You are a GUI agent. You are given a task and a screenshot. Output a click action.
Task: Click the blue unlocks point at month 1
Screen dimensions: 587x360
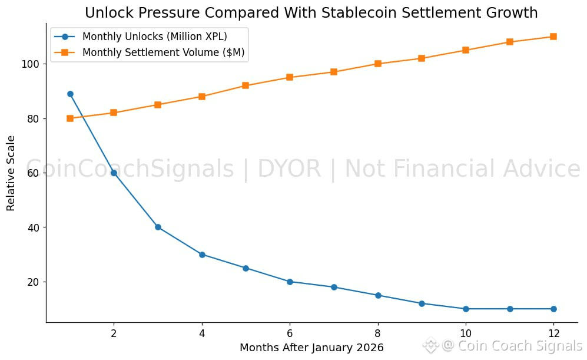(70, 94)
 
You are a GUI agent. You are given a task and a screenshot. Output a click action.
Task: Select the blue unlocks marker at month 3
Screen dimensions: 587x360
(158, 227)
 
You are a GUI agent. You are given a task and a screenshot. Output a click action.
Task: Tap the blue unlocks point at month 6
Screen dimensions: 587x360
(290, 282)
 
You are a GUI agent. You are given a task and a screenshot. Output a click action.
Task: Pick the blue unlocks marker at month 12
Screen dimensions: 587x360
(553, 309)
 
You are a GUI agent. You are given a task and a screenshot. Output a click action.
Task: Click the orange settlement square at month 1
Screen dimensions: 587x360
(70, 118)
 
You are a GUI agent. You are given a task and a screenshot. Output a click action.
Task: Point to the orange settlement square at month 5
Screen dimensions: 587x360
(246, 85)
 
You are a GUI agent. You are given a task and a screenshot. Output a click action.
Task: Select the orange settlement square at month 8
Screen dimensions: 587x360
(378, 64)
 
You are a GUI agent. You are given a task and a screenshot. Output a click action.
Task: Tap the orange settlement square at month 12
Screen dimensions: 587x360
(553, 37)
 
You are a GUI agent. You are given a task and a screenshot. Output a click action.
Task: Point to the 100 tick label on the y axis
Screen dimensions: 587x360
(31, 64)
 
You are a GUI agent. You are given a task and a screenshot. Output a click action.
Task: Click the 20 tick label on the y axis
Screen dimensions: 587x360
(34, 282)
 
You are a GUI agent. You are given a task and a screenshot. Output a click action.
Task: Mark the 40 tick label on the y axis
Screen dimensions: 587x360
(34, 227)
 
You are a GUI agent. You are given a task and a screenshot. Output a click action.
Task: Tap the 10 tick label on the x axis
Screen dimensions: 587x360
(466, 333)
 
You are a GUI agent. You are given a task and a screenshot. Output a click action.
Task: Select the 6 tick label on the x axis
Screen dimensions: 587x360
(290, 333)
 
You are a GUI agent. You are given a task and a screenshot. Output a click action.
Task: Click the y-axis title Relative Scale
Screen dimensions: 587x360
(11, 173)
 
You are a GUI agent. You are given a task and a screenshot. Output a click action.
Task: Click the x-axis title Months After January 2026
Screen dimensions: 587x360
(311, 347)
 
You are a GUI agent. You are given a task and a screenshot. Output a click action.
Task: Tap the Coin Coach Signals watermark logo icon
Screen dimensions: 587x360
(431, 345)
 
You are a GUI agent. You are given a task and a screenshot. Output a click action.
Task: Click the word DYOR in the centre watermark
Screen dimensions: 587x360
(289, 169)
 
